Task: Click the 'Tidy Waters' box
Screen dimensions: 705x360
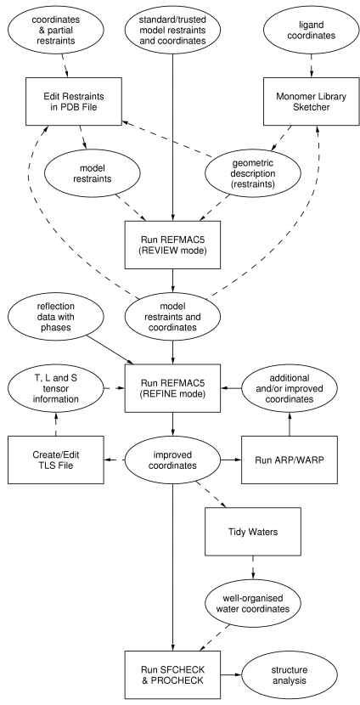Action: point(252,532)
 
